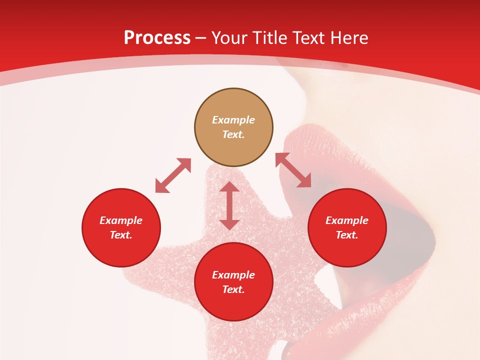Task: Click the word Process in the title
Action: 157,38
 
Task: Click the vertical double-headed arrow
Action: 229,205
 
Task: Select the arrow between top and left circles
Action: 173,175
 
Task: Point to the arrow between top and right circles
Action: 293,170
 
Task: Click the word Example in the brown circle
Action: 233,120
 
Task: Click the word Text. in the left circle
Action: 121,235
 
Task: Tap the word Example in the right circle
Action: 347,220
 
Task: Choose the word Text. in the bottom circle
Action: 233,289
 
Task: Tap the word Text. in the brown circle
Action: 233,134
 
